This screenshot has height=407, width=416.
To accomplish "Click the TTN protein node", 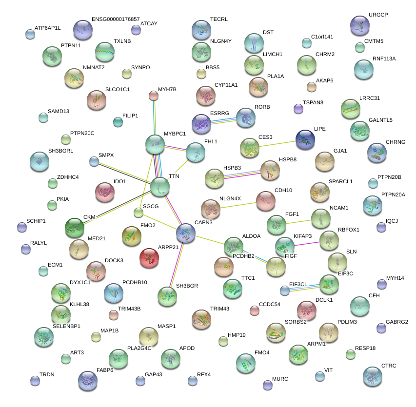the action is tap(159, 187).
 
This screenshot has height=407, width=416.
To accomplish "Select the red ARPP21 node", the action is tap(149, 258).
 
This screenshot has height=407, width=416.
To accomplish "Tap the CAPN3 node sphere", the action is tap(186, 233).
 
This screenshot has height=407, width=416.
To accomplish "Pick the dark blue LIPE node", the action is tap(305, 140).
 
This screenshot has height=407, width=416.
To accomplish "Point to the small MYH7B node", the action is tap(154, 95).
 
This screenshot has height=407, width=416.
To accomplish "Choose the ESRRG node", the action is tap(201, 124).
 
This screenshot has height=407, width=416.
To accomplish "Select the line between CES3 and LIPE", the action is tap(277, 144).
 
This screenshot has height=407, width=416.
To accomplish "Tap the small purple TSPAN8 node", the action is tap(298, 109).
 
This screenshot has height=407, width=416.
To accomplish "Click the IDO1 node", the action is tap(104, 192).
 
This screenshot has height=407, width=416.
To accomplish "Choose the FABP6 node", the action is tap(88, 380).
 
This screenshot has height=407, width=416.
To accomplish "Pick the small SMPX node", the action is tap(94, 161).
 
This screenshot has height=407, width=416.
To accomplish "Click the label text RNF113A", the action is tap(384, 59).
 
